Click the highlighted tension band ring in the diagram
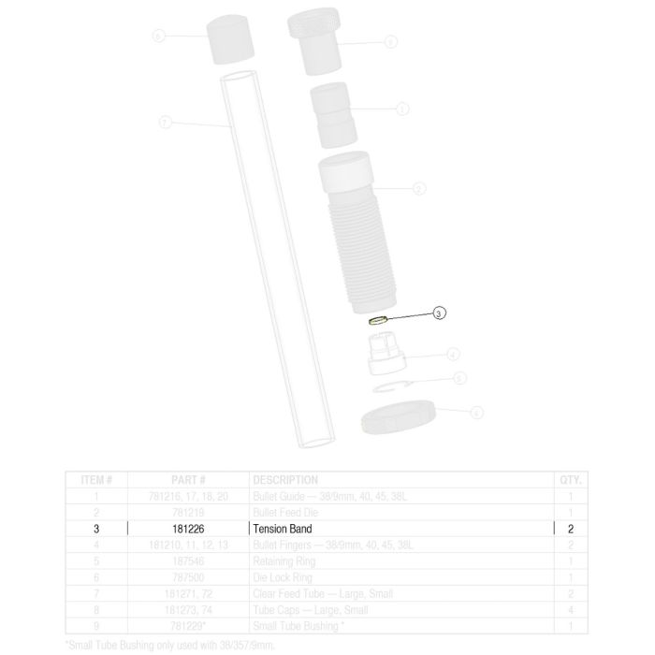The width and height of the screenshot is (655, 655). [378, 320]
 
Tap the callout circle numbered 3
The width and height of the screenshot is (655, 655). [440, 313]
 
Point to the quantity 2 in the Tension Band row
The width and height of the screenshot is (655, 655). [570, 529]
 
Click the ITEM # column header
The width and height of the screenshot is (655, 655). [96, 480]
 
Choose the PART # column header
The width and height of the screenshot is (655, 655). [188, 480]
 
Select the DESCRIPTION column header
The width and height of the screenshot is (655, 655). [285, 480]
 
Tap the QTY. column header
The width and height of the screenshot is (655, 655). [570, 480]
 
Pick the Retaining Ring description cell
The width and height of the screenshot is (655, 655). [280, 560]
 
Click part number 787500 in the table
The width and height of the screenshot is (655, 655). [188, 575]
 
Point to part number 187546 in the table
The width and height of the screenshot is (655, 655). [188, 560]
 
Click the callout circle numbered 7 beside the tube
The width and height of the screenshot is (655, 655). [165, 124]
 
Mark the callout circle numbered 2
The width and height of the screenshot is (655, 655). [418, 188]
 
